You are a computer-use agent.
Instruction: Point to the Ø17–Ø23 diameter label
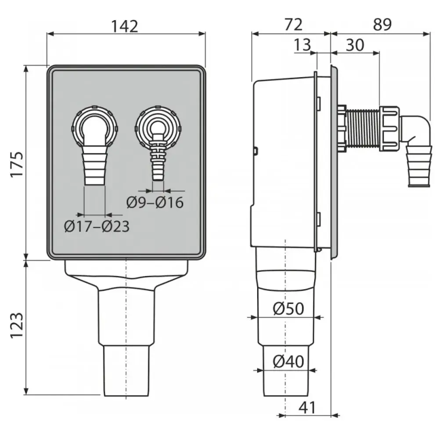97,227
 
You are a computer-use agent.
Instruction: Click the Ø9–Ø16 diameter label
155,202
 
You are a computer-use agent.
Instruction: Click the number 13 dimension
302,45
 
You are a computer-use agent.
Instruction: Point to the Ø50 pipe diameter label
288,309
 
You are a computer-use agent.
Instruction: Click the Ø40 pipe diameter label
288,362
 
